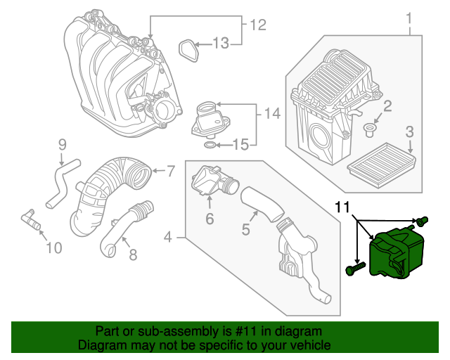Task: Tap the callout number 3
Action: point(410,131)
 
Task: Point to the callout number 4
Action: point(168,238)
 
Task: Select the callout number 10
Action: point(53,247)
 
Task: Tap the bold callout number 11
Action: point(342,207)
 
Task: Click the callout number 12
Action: point(258,25)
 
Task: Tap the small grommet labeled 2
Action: point(369,129)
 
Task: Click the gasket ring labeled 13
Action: point(187,51)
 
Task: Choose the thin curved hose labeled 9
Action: point(58,181)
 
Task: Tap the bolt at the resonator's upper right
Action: point(422,221)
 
